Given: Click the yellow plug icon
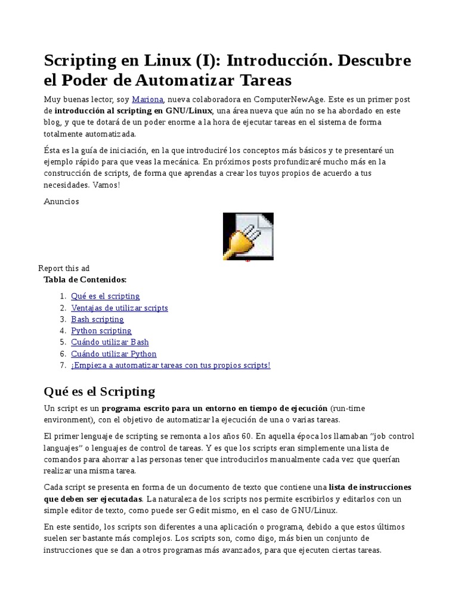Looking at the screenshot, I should point(248,236).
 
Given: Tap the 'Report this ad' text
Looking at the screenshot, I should point(64,268).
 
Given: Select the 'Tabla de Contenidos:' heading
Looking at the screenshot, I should point(85,279).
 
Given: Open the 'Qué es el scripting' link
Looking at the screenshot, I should point(105,296).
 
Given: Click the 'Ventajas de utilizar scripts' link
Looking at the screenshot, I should point(119,308).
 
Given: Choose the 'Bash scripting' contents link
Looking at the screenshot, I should point(97,319).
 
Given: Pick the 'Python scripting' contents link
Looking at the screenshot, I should point(101,331).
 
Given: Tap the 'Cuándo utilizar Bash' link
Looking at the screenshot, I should point(110,342).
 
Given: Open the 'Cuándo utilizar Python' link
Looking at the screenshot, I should point(113,354).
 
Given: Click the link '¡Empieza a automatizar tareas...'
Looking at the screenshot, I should point(171,365).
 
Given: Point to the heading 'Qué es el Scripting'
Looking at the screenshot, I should point(99,391).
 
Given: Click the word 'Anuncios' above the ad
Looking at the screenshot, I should point(61,201).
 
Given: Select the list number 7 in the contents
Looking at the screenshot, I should point(62,365).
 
